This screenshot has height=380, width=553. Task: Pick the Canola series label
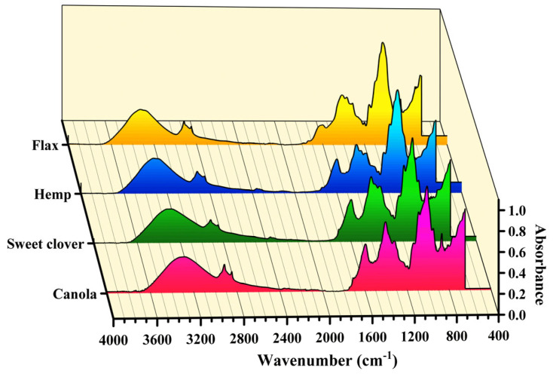coord(75,294)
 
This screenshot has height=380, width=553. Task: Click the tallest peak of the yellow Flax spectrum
coord(383,45)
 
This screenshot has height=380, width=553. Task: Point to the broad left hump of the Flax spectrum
coord(140,112)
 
